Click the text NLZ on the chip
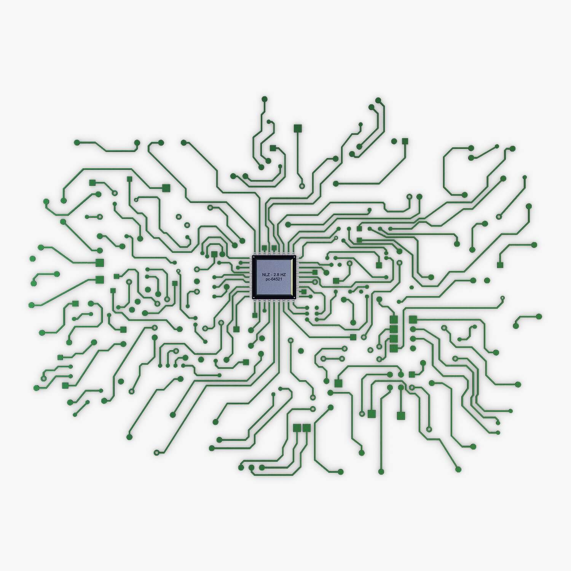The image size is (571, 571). [266, 274]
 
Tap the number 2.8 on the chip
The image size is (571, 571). [277, 274]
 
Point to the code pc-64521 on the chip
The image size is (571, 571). [274, 280]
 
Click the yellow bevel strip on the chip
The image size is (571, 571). [292, 277]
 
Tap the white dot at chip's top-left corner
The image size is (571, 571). [254, 258]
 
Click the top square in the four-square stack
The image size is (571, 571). [394, 319]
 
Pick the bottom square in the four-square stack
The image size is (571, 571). [394, 348]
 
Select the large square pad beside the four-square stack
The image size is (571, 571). [413, 319]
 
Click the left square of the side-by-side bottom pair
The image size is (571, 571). [297, 428]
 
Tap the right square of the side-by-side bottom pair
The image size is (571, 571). [307, 428]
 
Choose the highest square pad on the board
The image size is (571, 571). [298, 128]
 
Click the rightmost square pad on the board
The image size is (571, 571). [500, 265]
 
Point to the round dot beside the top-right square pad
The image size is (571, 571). [394, 141]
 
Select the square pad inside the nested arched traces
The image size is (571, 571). [214, 254]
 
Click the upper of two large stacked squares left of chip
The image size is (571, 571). [100, 262]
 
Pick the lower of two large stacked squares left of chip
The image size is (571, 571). [100, 280]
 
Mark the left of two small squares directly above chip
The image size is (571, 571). [264, 248]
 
